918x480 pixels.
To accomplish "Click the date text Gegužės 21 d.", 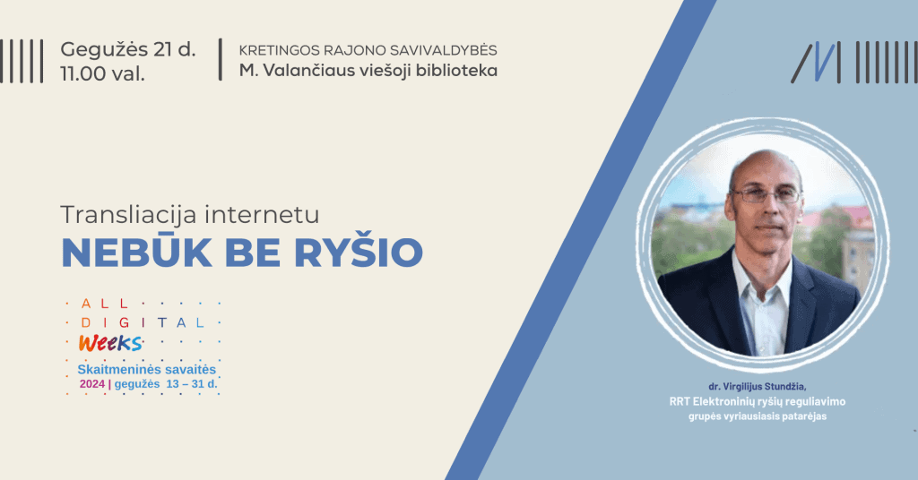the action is click(x=128, y=50).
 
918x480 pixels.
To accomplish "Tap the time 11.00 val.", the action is click(x=102, y=74).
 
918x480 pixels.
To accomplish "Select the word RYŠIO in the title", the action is click(x=359, y=253).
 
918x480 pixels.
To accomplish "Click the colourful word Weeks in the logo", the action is click(x=110, y=343).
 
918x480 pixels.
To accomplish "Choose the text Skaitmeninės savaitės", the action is click(x=147, y=370).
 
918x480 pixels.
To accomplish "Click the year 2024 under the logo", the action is click(x=92, y=384).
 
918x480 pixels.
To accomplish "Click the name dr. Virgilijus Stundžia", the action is click(x=757, y=387).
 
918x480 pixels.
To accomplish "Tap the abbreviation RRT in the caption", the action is click(x=680, y=402).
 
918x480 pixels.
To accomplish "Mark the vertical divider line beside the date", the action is click(x=221, y=60).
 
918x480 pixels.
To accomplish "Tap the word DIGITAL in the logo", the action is click(x=143, y=322).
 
